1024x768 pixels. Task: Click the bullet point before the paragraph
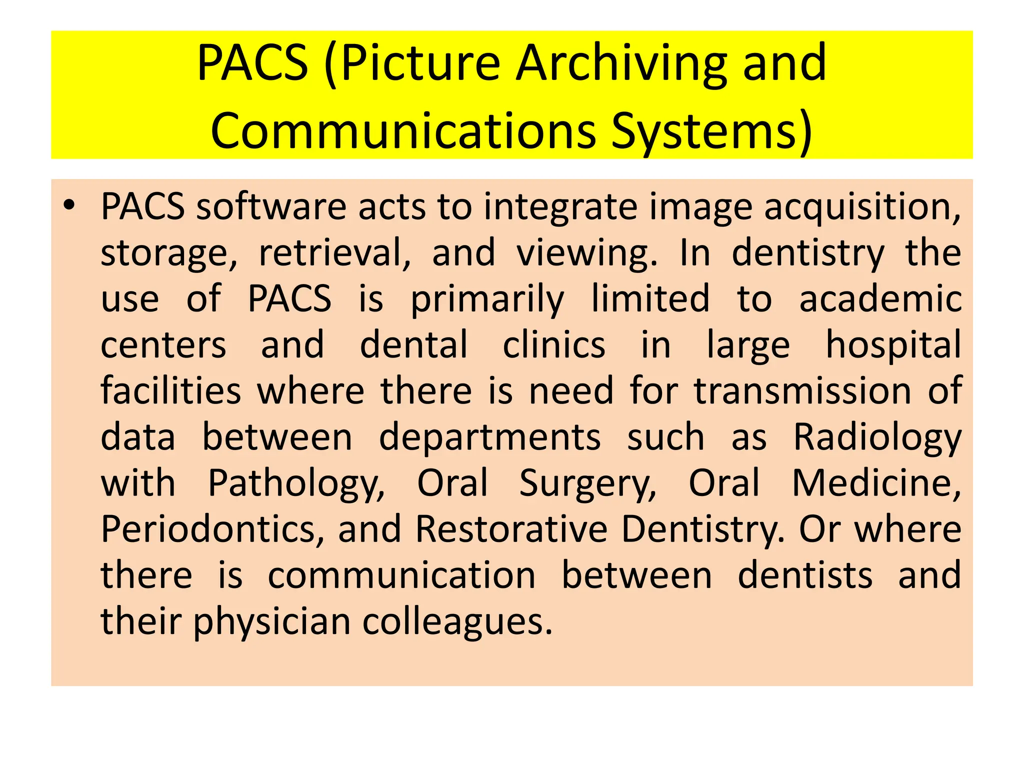pos(69,205)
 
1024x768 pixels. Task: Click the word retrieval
pos(334,253)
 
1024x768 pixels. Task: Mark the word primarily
pos(487,299)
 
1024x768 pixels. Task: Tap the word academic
pos(880,299)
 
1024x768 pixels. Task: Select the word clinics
pos(553,345)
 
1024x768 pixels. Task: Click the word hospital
pos(893,345)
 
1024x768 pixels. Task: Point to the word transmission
pos(802,391)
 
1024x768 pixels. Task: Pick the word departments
pos(489,438)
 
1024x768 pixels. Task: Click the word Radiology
pos(877,438)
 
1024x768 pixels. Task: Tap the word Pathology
pos(296,483)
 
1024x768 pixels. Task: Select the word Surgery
pos(587,483)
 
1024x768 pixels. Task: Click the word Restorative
pos(511,529)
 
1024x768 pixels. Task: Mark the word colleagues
pos(457,622)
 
